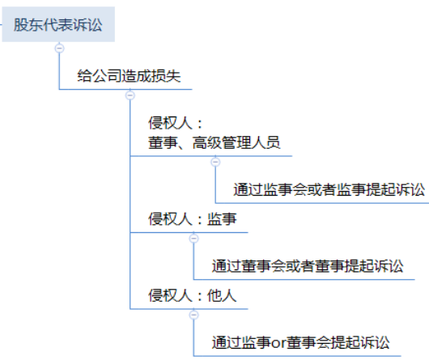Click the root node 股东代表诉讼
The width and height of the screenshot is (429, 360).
click(58, 24)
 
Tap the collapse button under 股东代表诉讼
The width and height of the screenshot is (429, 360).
click(59, 48)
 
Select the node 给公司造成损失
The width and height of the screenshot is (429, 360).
click(129, 76)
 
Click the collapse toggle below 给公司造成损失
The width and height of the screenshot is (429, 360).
click(130, 95)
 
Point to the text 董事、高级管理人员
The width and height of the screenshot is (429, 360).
click(214, 142)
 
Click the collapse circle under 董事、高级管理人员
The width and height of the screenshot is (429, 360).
click(215, 162)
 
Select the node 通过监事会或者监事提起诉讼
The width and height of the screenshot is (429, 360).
click(329, 189)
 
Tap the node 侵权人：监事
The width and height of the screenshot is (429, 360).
click(193, 219)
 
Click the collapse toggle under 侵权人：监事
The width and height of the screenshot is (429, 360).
click(193, 239)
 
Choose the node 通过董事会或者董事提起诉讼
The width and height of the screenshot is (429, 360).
click(308, 266)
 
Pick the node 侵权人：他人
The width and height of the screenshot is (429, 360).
click(193, 295)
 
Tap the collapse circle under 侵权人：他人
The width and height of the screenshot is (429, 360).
click(193, 315)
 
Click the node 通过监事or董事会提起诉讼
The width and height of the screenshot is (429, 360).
click(300, 342)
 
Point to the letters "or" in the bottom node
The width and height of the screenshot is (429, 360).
click(278, 343)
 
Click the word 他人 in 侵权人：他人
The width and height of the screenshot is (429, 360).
click(222, 295)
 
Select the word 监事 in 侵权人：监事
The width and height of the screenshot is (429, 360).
click(222, 219)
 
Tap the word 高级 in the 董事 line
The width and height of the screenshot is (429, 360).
click(207, 142)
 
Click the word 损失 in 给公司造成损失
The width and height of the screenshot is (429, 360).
click(166, 76)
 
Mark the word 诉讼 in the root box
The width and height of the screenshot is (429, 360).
click(88, 24)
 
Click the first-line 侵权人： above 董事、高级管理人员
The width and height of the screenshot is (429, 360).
click(176, 123)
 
